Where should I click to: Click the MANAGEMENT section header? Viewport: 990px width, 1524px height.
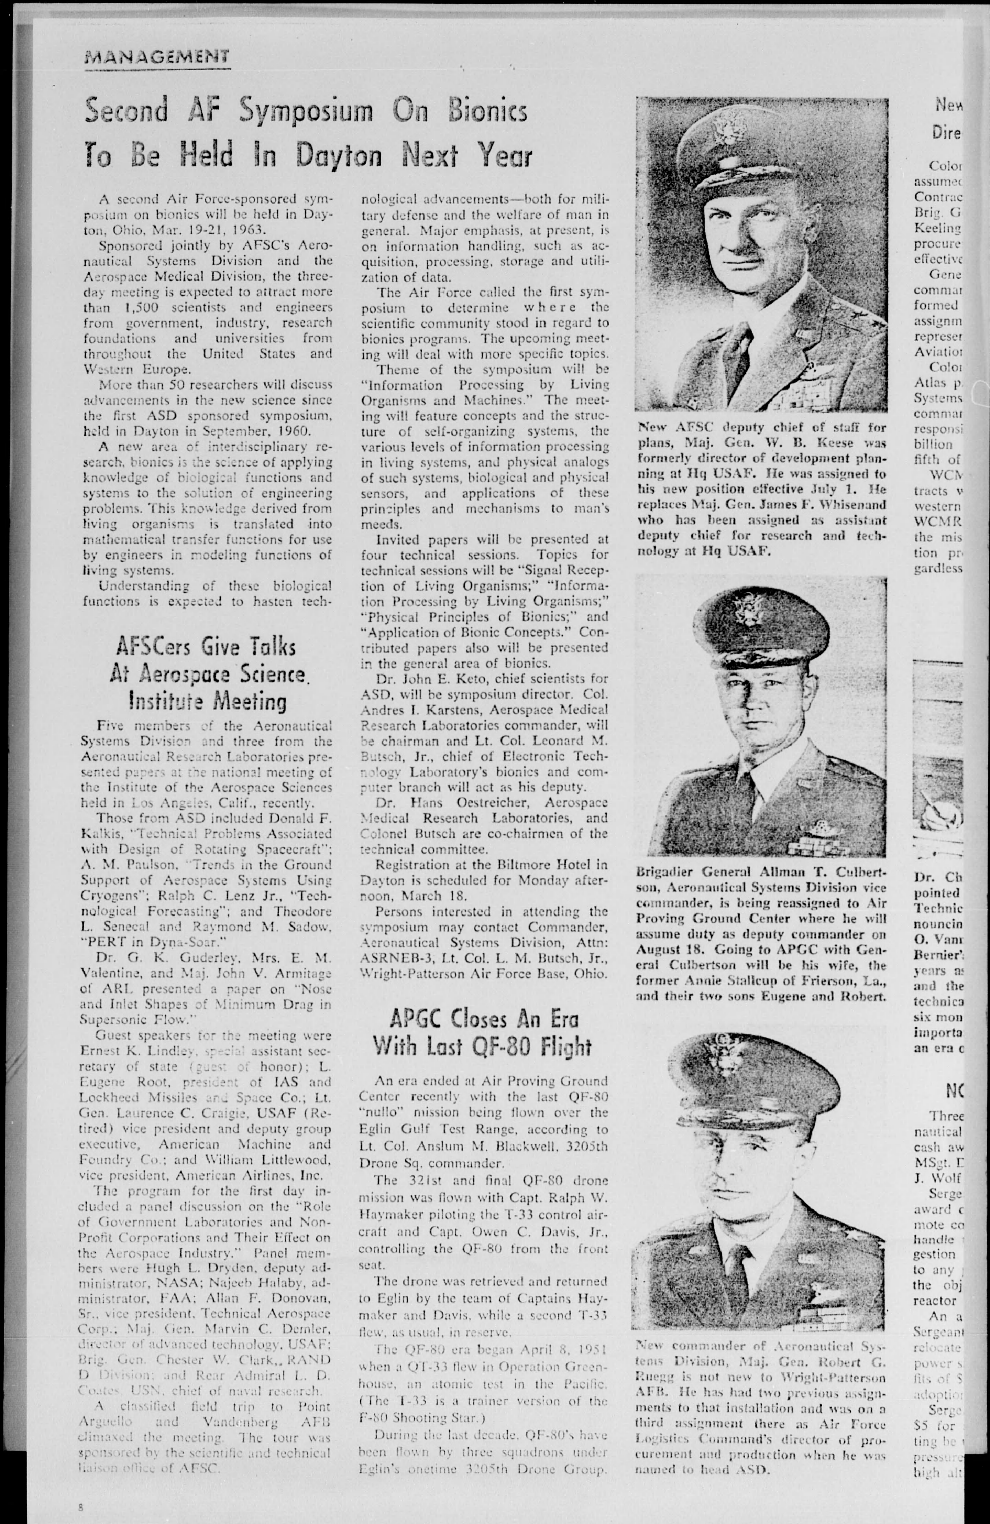click(x=156, y=58)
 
